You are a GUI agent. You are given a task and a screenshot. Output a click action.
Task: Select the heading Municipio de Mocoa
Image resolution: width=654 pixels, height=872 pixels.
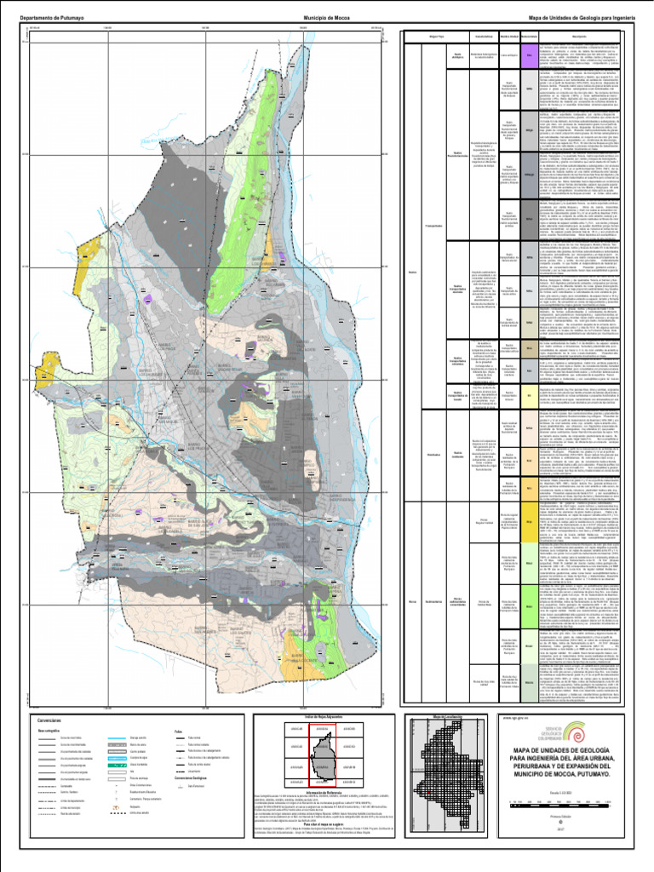pyautogui.click(x=328, y=16)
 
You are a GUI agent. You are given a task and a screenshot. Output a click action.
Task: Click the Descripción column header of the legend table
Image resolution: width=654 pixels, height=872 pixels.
pyautogui.click(x=578, y=36)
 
